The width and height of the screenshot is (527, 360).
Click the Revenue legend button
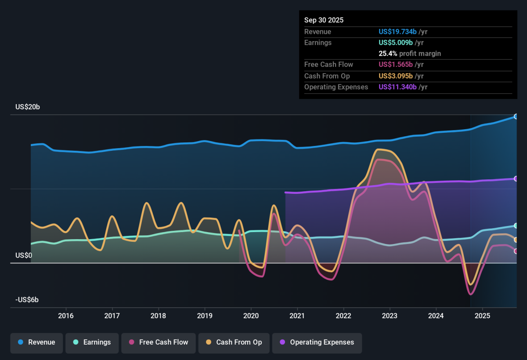pyautogui.click(x=36, y=343)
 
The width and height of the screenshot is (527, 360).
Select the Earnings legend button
pyautogui.click(x=92, y=343)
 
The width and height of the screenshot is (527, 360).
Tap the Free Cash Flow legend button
pyautogui.click(x=159, y=343)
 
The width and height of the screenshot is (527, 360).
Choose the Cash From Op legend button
pyautogui.click(x=234, y=343)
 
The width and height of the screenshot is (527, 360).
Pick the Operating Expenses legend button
pyautogui.click(x=317, y=343)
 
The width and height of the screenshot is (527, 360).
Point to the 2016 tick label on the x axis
pyautogui.click(x=65, y=316)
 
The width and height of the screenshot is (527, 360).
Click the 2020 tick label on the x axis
pyautogui.click(x=251, y=316)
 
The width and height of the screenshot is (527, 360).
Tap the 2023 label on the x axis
pyautogui.click(x=390, y=316)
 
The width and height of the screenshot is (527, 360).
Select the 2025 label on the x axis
pyautogui.click(x=482, y=316)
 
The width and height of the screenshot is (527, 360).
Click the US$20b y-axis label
pyautogui.click(x=28, y=107)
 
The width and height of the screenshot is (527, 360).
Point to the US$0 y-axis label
pyautogui.click(x=24, y=255)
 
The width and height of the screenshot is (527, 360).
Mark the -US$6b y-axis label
pyautogui.click(x=27, y=300)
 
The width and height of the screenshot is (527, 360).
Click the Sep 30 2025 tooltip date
pyautogui.click(x=324, y=20)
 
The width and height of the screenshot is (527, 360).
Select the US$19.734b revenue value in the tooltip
pyautogui.click(x=397, y=32)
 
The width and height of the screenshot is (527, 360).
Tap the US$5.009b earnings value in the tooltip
pyautogui.click(x=396, y=43)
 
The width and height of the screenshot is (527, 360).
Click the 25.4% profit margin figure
pyautogui.click(x=388, y=54)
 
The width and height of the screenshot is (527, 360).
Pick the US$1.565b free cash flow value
pyautogui.click(x=396, y=65)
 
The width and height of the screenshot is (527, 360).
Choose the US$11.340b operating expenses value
pyautogui.click(x=397, y=87)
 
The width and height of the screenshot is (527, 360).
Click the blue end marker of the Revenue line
pyautogui.click(x=516, y=116)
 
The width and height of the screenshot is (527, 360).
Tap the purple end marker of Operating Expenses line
pyautogui.click(x=516, y=179)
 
